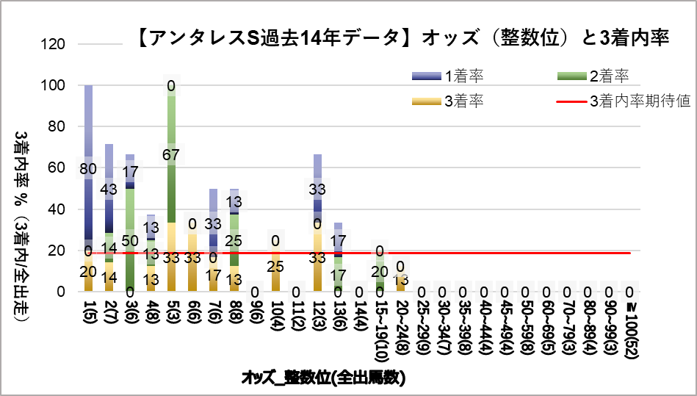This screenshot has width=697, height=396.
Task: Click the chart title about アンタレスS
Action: pos(402,39)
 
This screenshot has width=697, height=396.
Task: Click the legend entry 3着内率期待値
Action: pos(640,101)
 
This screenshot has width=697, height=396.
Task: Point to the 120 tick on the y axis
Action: pos(56,44)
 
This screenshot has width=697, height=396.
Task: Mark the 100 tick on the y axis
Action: pos(56,85)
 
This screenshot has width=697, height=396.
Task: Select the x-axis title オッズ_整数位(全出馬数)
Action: pos(324,378)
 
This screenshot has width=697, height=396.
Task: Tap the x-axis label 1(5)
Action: pos(89,312)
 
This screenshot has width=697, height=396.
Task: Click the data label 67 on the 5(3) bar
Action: pos(171,154)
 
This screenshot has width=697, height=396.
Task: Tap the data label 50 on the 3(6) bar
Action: pos(130,240)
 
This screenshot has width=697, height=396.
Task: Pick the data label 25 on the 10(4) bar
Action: pos(276,266)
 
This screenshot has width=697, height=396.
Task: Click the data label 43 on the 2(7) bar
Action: pos(109,190)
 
